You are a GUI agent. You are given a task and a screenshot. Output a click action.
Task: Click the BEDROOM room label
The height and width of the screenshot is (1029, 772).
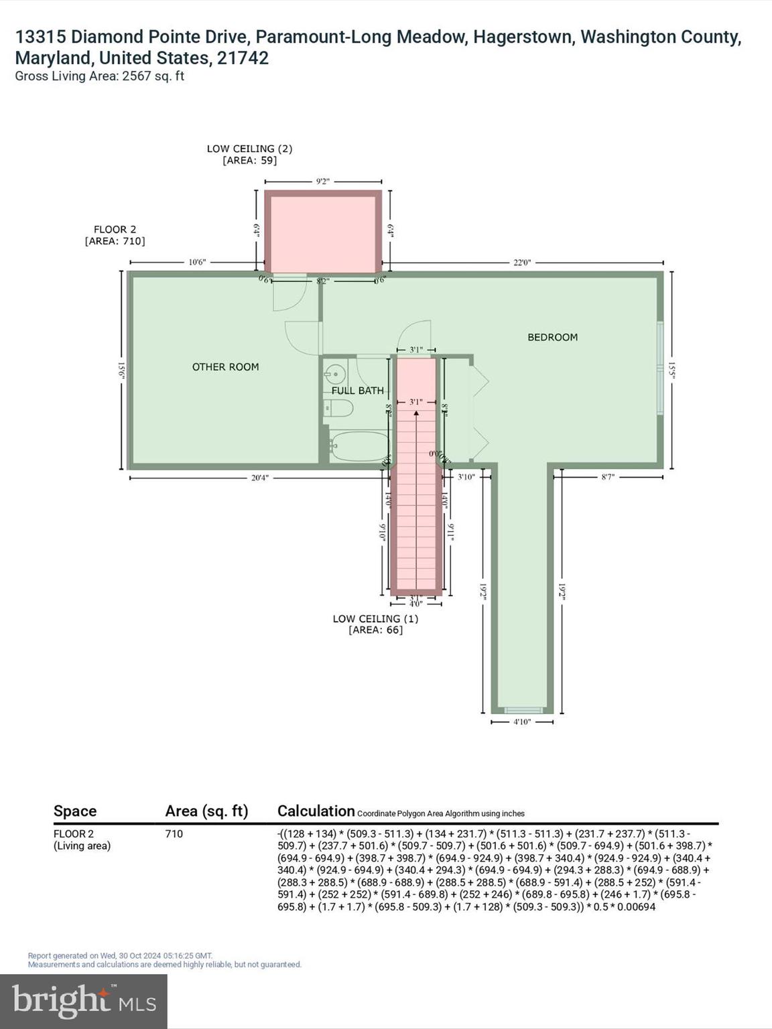coord(552,337)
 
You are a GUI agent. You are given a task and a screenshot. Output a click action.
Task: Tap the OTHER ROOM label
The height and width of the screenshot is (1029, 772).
coord(225,366)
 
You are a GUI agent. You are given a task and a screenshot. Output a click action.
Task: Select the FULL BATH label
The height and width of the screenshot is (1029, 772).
coord(357,391)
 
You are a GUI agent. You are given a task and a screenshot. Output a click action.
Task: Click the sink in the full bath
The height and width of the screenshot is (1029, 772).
coord(336,373)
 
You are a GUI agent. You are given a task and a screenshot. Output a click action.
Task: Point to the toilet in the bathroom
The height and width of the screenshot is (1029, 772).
coord(338,409)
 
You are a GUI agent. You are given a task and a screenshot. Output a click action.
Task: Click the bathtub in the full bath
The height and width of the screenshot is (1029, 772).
coord(360,446)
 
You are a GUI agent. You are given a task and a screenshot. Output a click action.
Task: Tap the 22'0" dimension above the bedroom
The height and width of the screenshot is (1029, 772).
coord(522,263)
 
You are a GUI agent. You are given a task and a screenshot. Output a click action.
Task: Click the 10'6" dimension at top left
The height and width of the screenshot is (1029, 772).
coord(196,263)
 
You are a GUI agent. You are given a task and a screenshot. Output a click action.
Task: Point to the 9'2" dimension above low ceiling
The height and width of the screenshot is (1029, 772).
coord(323,182)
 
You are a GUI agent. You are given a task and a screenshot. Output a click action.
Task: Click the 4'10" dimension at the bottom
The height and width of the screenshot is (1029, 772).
coord(522,722)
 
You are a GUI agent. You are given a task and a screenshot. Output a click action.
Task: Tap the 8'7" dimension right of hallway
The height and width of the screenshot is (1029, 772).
coord(608,477)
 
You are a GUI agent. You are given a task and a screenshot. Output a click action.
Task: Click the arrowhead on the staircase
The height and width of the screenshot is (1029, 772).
coord(416,413)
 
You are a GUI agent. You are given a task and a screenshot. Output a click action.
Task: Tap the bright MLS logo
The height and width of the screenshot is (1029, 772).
coord(83,1001)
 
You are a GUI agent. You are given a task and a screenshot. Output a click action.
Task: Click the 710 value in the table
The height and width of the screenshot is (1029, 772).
coord(174,834)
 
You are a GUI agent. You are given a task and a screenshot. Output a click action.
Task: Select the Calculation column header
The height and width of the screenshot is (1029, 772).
coord(316,811)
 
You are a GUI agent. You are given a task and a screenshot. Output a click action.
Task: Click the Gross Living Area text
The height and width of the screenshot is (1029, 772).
coord(99,76)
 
